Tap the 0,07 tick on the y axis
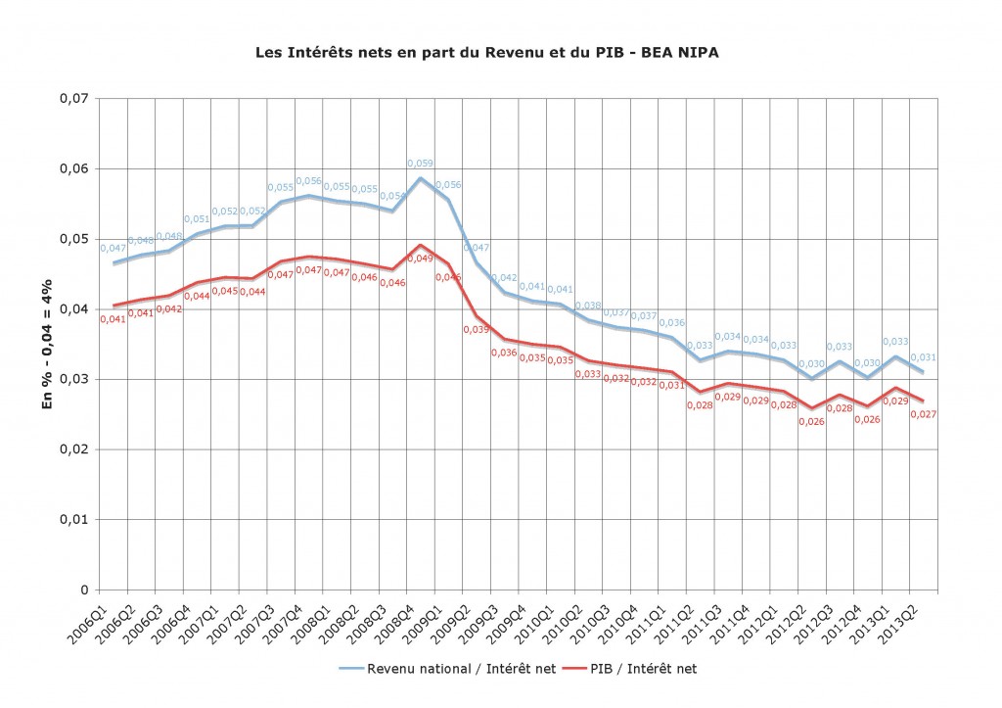click(x=75, y=99)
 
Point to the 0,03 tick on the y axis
click(x=75, y=380)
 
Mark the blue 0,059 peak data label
click(x=421, y=164)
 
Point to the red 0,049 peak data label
click(x=419, y=259)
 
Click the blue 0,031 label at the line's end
click(x=925, y=357)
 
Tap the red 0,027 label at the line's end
click(x=925, y=414)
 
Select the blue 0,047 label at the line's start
click(x=114, y=250)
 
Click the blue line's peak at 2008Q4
click(x=421, y=177)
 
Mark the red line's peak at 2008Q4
click(x=421, y=245)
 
